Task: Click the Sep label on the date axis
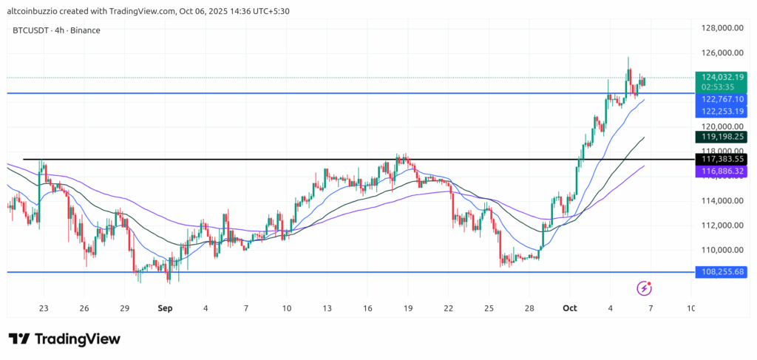(x=165, y=308)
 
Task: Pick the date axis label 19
(x=408, y=308)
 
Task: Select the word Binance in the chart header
(x=84, y=30)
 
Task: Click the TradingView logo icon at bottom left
(x=19, y=339)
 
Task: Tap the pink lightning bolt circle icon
(x=644, y=287)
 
